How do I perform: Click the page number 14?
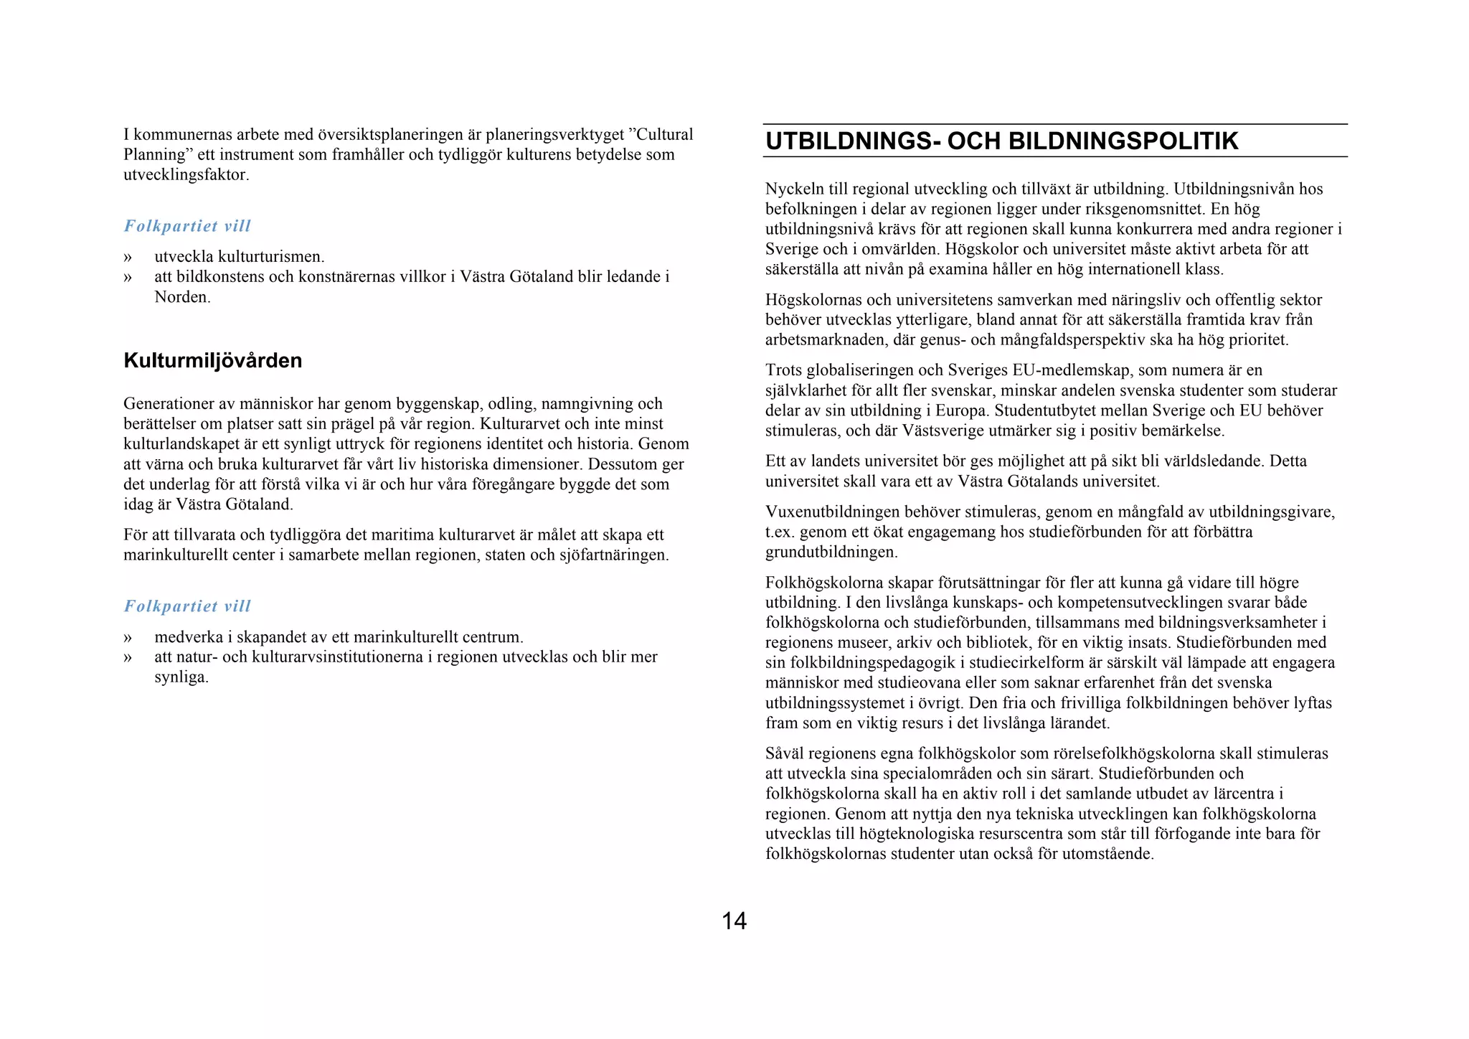click(x=734, y=921)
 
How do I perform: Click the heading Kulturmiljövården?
click(x=212, y=360)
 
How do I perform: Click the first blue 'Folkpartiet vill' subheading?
click(x=187, y=226)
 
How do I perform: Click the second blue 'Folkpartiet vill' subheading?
click(x=187, y=606)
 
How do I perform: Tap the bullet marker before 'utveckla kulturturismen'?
click(x=128, y=257)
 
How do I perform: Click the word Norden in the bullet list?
click(x=181, y=297)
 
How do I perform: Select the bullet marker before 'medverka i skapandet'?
click(x=128, y=637)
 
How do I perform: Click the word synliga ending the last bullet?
click(x=181, y=677)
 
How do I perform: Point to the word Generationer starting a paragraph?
click(x=167, y=404)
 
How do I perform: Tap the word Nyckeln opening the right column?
click(x=794, y=189)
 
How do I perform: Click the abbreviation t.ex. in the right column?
click(x=780, y=532)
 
